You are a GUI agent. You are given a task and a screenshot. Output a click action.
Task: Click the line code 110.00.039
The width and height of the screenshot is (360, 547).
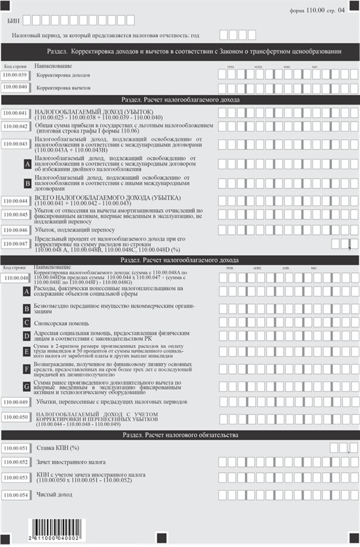16,75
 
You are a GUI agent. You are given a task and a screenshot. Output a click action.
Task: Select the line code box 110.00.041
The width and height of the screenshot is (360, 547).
16,113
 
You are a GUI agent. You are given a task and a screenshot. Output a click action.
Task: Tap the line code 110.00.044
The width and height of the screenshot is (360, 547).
16,201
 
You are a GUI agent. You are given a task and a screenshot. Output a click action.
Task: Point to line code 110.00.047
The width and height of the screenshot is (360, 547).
16,243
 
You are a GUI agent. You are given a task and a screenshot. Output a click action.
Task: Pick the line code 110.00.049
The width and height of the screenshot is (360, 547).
16,402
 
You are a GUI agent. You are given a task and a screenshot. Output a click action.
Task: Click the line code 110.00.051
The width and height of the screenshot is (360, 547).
16,448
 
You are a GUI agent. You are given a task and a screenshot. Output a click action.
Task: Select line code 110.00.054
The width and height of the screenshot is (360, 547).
16,495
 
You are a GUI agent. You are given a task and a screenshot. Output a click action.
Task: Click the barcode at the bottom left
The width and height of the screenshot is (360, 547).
58,529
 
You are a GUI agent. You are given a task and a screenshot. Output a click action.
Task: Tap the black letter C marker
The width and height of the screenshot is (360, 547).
26,323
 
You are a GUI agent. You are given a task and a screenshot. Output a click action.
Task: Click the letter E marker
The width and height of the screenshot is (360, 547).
26,352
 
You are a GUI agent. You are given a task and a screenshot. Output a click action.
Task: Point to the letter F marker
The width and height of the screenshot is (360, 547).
26,369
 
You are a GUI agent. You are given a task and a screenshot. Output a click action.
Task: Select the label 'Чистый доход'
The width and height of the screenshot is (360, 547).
54,495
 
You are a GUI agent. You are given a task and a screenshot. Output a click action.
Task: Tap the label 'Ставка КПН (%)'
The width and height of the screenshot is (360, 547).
59,448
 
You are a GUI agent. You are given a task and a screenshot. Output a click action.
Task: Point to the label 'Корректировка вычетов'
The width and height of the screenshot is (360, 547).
63,87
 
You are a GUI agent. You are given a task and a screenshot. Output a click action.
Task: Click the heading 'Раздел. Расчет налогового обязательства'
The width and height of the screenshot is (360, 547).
180,435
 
